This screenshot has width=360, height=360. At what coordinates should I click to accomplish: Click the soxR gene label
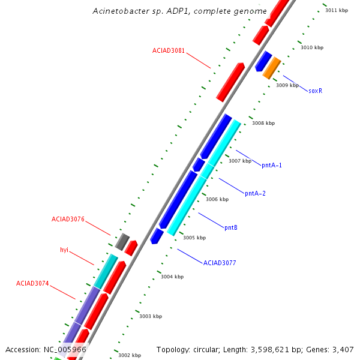(316, 91)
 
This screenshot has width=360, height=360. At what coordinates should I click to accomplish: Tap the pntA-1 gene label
(272, 165)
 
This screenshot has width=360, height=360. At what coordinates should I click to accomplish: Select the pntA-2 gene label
(255, 193)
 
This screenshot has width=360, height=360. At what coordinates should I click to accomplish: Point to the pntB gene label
(231, 228)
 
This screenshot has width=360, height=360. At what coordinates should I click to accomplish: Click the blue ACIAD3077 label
(220, 263)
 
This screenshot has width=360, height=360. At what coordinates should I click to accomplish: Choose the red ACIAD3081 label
(169, 51)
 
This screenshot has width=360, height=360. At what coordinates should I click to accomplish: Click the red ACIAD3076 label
(68, 220)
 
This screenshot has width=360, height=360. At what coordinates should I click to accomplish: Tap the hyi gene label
(64, 250)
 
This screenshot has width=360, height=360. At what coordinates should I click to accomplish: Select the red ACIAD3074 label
(32, 283)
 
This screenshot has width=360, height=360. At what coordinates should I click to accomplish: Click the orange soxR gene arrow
(272, 68)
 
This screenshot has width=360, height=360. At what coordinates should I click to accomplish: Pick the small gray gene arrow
(122, 242)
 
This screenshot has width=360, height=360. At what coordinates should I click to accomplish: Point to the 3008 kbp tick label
(263, 123)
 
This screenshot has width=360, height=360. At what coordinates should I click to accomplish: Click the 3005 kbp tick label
(194, 238)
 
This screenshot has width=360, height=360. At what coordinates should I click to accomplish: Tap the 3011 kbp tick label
(336, 10)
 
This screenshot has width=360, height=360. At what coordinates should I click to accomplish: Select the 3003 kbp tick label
(151, 316)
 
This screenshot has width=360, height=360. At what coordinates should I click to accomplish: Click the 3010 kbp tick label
(312, 47)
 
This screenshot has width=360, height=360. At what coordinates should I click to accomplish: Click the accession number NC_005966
(64, 349)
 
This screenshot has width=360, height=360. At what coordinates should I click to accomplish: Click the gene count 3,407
(343, 349)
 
